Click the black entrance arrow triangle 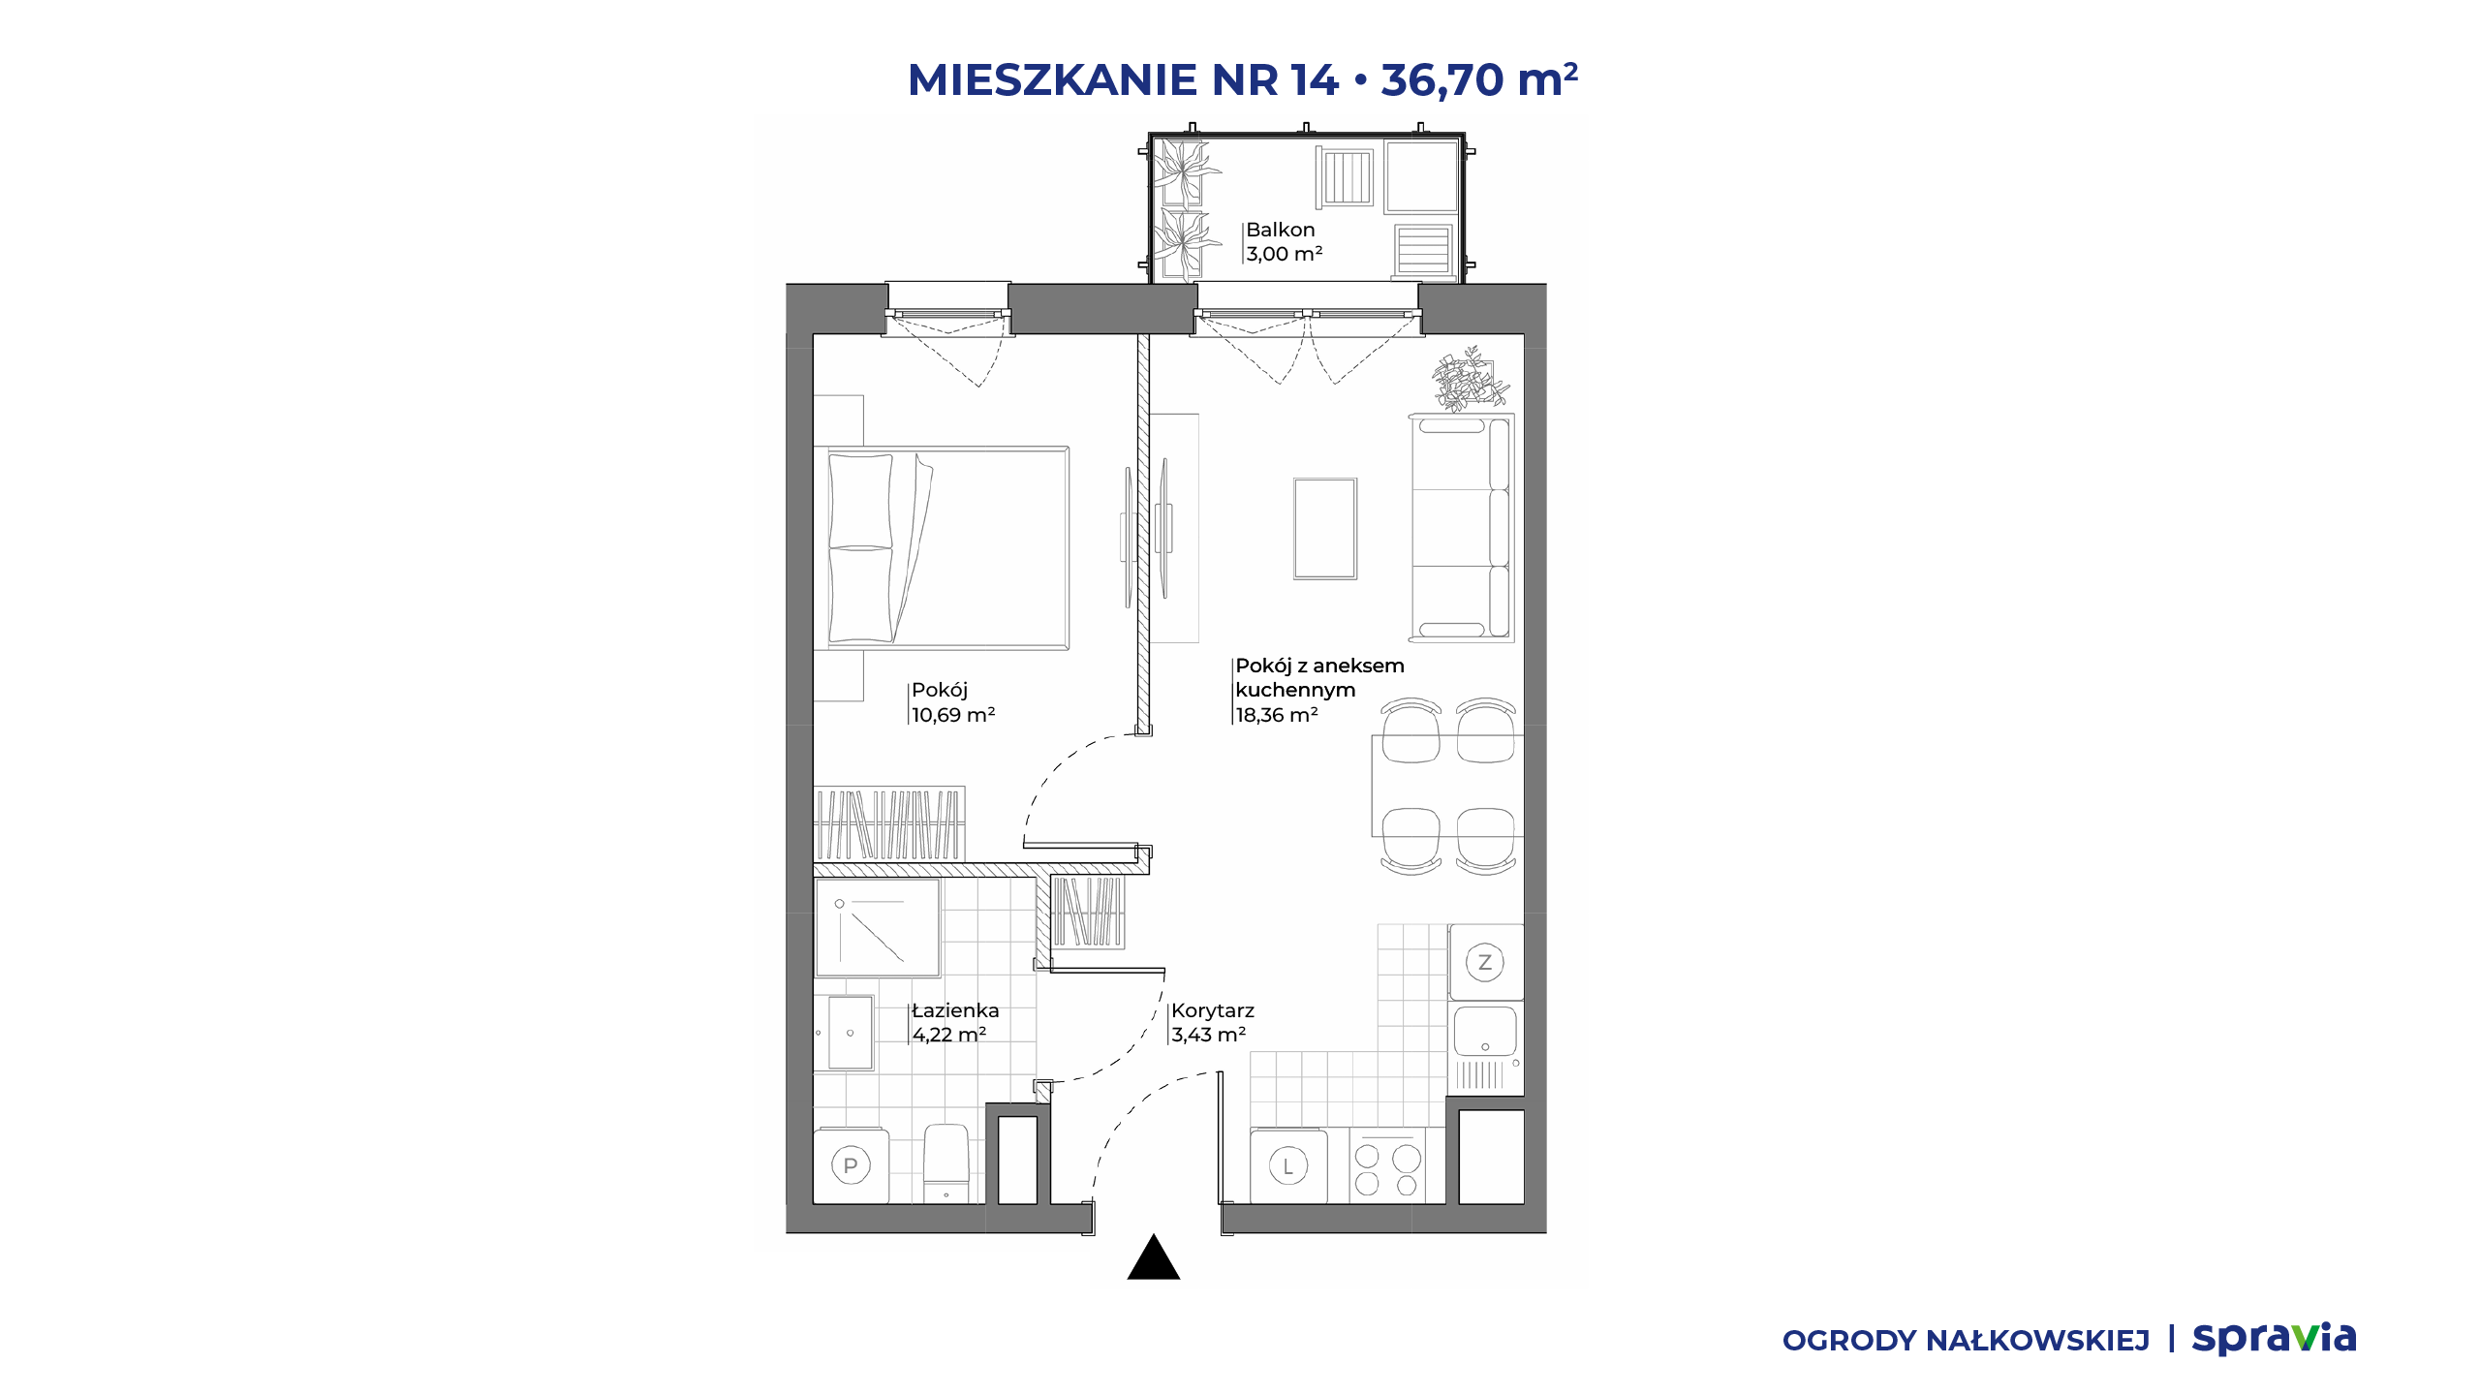(x=1153, y=1257)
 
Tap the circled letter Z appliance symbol (x=1484, y=963)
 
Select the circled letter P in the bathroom (x=851, y=1165)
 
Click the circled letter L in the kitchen (x=1288, y=1166)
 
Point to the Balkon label (x=1281, y=230)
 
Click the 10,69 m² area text (x=953, y=715)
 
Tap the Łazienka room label (x=955, y=1010)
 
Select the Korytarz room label (x=1213, y=1010)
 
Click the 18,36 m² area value (x=1277, y=715)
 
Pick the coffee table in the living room (x=1325, y=529)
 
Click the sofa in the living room (x=1461, y=528)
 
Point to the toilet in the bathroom (x=946, y=1162)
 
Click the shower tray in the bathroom (x=878, y=928)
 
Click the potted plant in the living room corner (x=1471, y=379)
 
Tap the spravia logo (x=2275, y=1339)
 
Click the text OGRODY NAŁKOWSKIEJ (x=1967, y=1341)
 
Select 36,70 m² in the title (x=1479, y=79)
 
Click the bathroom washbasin (x=850, y=1033)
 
